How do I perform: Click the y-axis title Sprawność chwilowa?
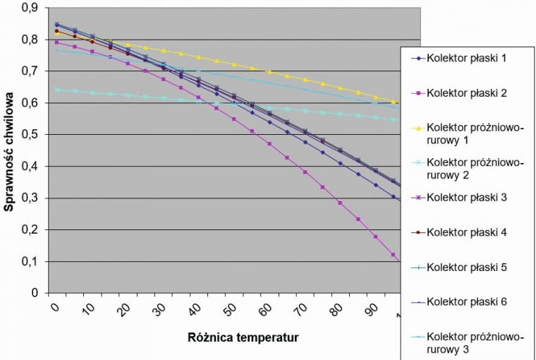click(x=11, y=151)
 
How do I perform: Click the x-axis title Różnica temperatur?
click(x=243, y=337)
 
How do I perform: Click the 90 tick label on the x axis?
click(x=372, y=309)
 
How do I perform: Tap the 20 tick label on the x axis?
click(x=125, y=309)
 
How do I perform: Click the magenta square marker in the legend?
click(x=415, y=93)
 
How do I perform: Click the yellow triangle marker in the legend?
click(x=415, y=128)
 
